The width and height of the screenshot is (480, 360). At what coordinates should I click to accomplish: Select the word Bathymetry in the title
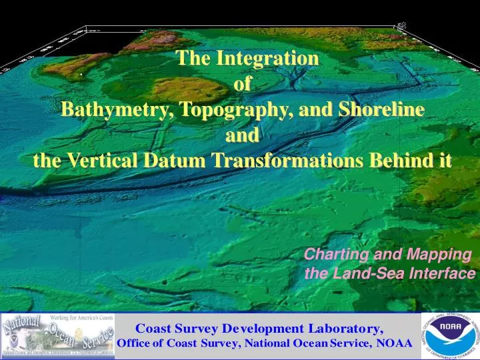coord(110,110)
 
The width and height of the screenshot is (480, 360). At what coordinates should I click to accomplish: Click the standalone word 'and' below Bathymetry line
coord(243,136)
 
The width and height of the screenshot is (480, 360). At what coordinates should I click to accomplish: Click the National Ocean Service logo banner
coord(59,335)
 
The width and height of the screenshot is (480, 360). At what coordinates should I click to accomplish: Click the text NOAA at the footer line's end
coord(393,344)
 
